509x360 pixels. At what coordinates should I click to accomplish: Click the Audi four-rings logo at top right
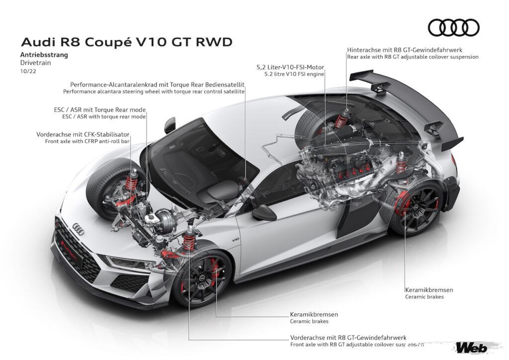tap(453, 28)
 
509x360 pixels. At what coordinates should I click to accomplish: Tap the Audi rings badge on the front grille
tap(77, 228)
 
